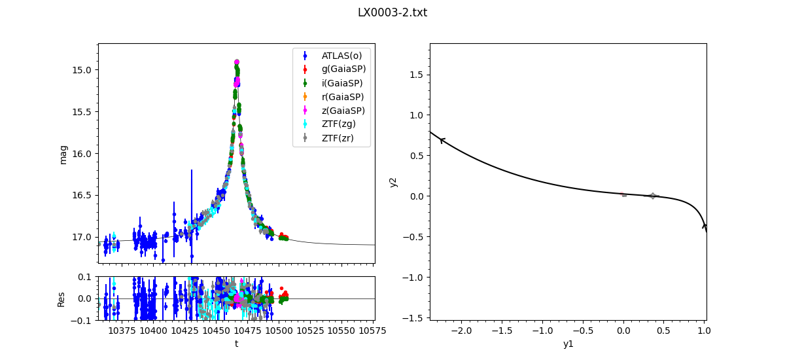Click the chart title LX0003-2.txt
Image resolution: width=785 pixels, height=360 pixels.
click(x=392, y=12)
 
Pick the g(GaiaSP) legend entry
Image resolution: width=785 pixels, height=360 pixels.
click(x=343, y=69)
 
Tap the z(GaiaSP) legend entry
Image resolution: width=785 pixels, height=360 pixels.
click(x=343, y=111)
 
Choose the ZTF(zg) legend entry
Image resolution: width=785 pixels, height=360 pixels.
click(x=340, y=124)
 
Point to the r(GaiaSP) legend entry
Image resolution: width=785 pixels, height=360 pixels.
click(x=343, y=97)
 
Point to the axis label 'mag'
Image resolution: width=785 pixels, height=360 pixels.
click(x=63, y=154)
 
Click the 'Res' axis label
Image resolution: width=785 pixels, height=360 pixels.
click(x=61, y=298)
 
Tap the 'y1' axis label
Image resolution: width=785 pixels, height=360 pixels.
click(x=568, y=344)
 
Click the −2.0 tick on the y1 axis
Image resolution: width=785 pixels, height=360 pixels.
click(x=461, y=331)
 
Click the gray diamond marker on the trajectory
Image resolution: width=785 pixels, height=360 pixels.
click(x=652, y=196)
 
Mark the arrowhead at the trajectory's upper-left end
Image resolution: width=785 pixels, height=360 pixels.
click(x=442, y=139)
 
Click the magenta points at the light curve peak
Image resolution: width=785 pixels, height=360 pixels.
click(x=237, y=63)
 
